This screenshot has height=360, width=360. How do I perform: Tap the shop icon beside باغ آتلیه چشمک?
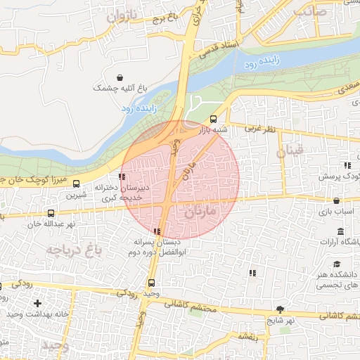[121, 77]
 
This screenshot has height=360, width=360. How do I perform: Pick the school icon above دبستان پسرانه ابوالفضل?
[157, 231]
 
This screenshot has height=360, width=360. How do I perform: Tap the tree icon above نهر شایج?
[281, 309]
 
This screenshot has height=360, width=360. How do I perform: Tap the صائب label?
[311, 12]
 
